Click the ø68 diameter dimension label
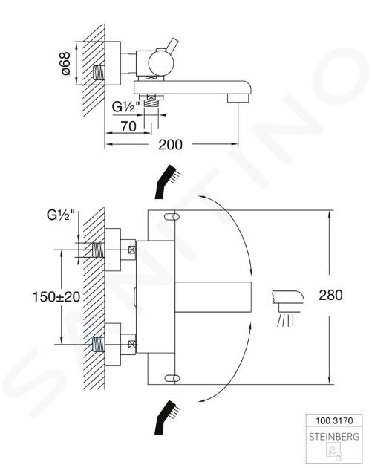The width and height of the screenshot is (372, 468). click(65, 63)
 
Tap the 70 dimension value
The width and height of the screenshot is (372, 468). click(128, 126)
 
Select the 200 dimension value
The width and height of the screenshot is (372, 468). click(170, 144)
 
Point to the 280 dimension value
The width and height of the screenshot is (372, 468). click(331, 295)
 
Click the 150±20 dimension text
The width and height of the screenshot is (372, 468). click(56, 296)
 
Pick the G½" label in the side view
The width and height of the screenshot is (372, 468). click(126, 106)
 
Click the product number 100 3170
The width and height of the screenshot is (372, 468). click(334, 421)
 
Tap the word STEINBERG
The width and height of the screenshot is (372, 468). click(334, 437)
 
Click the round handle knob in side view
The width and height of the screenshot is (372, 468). click(161, 64)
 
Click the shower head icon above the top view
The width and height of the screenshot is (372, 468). click(167, 181)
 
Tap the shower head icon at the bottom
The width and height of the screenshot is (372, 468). click(167, 417)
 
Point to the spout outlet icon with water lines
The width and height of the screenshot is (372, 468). click(287, 308)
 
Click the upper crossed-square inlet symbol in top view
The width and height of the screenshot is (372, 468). click(132, 250)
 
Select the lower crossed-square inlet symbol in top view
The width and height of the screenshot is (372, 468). click(132, 344)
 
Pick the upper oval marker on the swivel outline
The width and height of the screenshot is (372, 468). click(172, 217)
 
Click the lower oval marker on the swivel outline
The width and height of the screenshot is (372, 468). click(172, 378)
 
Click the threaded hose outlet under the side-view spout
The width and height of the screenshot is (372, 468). click(151, 103)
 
